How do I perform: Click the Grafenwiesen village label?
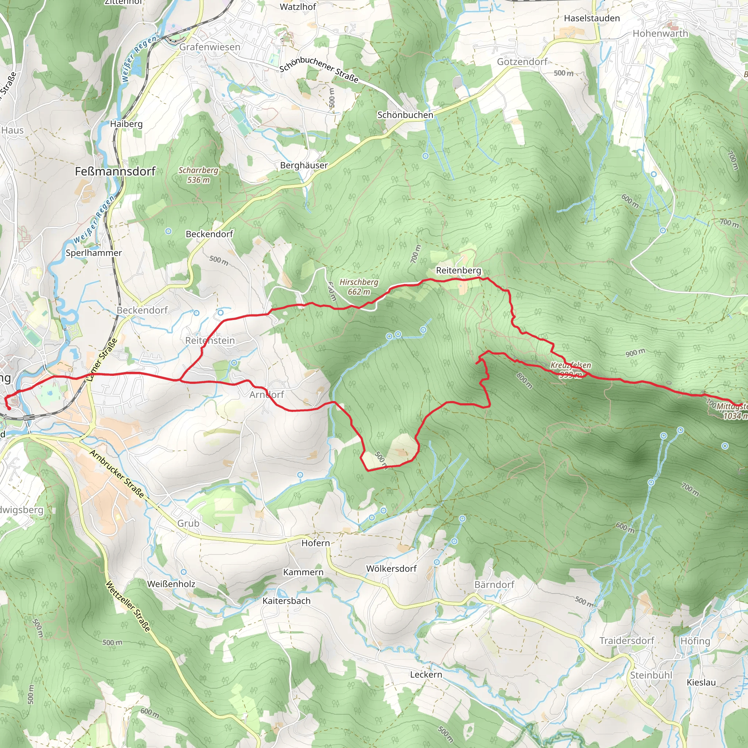tap(210, 47)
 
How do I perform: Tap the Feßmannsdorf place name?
tap(115, 171)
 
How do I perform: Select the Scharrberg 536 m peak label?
tap(198, 175)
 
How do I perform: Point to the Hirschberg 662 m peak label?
tap(359, 287)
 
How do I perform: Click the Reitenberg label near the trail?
tap(458, 270)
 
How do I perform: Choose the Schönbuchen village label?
tap(405, 115)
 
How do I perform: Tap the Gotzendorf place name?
tap(522, 62)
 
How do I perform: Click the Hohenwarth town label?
tap(660, 34)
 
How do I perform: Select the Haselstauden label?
tap(592, 18)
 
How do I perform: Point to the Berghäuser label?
tap(304, 165)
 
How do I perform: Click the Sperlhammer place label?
tap(94, 253)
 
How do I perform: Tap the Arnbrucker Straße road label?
tap(117, 473)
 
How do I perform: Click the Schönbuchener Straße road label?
tap(318, 70)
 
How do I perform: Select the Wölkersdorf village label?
tap(391, 568)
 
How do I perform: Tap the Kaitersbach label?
tap(286, 600)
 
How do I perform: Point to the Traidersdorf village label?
tap(626, 640)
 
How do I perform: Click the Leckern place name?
tap(426, 674)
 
